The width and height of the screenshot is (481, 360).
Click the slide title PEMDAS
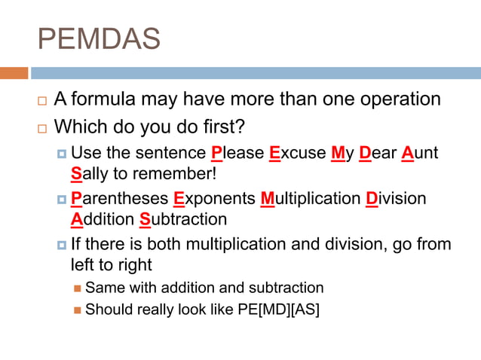tap(99, 38)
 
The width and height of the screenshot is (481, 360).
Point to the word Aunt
tap(419, 154)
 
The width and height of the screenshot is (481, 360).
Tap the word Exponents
tap(213, 199)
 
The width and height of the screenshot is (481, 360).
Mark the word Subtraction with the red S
tap(183, 220)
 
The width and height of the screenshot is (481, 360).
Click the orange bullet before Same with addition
tap(77, 288)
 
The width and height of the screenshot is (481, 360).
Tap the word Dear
tap(378, 154)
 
